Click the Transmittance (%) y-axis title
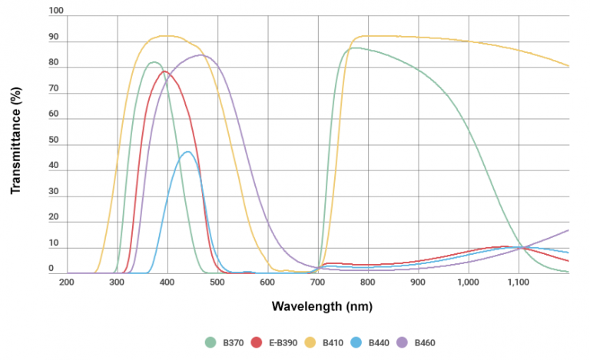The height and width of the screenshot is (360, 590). click(15, 142)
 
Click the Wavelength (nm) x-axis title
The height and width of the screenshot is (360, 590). click(317, 306)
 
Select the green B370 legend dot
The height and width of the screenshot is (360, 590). click(210, 342)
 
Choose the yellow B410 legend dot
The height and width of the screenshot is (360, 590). click(307, 342)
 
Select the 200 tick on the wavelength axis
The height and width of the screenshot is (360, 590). click(67, 282)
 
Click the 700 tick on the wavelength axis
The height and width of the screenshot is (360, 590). click(317, 282)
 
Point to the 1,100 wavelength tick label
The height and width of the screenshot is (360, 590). click(518, 282)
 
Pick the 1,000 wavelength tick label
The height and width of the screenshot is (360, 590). click(468, 282)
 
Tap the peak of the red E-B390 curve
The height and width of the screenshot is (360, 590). click(164, 71)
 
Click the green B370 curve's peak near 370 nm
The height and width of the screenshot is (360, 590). click(153, 62)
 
